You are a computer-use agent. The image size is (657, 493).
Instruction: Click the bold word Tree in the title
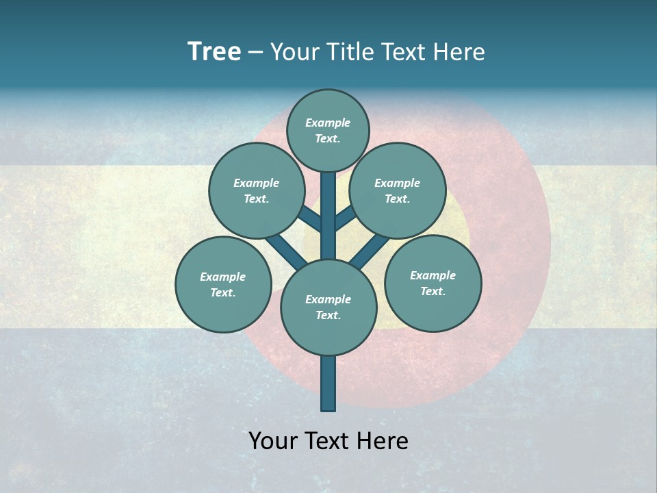214,52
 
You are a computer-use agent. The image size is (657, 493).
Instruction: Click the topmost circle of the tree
328,130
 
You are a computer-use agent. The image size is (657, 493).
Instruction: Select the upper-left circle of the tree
256,191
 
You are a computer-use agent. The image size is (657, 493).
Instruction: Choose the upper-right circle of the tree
398,191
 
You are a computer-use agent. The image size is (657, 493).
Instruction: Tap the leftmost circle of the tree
223,284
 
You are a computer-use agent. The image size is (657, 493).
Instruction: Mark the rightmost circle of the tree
433,283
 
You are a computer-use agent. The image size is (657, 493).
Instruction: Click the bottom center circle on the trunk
328,307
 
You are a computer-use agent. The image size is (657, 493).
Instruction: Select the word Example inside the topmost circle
328,123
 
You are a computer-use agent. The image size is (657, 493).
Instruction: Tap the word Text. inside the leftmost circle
222,292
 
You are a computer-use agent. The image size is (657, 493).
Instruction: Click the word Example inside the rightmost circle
433,275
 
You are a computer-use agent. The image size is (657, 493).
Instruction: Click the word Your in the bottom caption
273,441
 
